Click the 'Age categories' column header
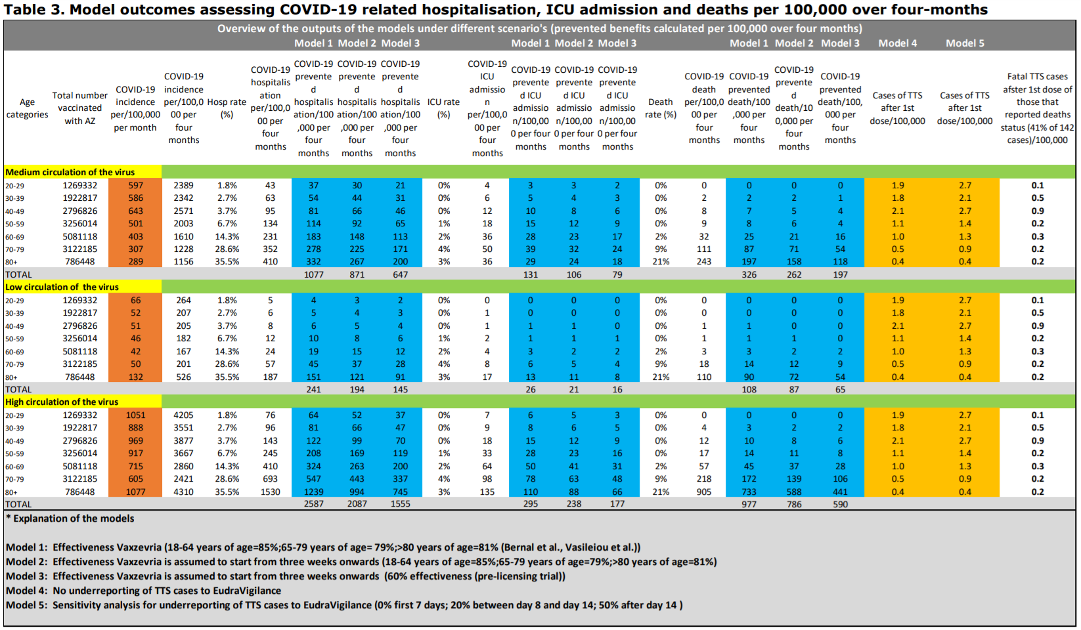click(x=27, y=108)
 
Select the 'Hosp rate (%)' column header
click(x=227, y=108)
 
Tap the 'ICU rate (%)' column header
click(x=443, y=108)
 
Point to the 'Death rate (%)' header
click(x=660, y=108)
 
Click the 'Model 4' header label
click(x=897, y=43)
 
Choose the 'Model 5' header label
click(x=965, y=43)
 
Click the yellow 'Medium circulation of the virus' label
click(x=70, y=172)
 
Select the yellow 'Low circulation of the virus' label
click(x=62, y=287)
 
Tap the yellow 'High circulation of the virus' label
click(x=62, y=402)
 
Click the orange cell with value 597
click(x=135, y=186)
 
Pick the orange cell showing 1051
click(x=135, y=415)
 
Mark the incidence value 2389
click(x=183, y=186)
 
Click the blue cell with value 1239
click(x=313, y=492)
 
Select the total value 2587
click(x=313, y=504)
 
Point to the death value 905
click(x=704, y=492)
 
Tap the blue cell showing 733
click(x=749, y=492)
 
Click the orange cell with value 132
click(x=135, y=377)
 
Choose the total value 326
click(x=749, y=274)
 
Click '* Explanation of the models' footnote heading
click(x=70, y=518)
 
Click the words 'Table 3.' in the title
click(x=33, y=9)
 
